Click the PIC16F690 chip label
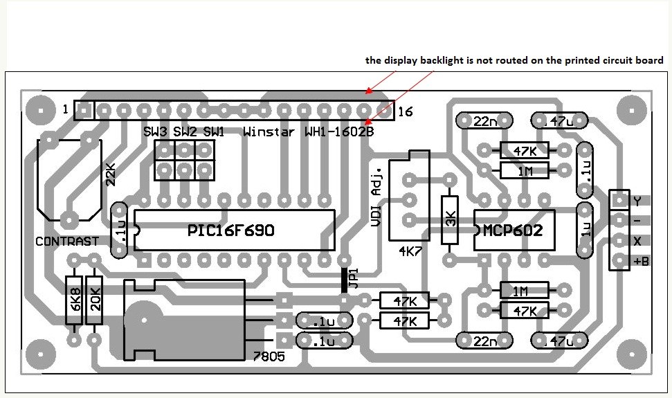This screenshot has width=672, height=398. pyautogui.click(x=231, y=230)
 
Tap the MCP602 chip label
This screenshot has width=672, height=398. pyautogui.click(x=514, y=230)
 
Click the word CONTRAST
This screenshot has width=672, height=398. pyautogui.click(x=66, y=242)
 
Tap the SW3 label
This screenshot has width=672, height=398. pyautogui.click(x=156, y=132)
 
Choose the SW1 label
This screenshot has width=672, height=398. pyautogui.click(x=213, y=132)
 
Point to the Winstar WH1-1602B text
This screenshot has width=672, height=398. pyautogui.click(x=309, y=132)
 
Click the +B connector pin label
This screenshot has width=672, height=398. pyautogui.click(x=641, y=261)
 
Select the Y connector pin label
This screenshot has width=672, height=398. pyautogui.click(x=637, y=201)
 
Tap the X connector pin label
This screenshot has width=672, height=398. pyautogui.click(x=637, y=241)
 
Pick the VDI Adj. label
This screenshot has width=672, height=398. pyautogui.click(x=378, y=200)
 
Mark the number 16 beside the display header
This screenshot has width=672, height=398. pyautogui.click(x=406, y=111)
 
